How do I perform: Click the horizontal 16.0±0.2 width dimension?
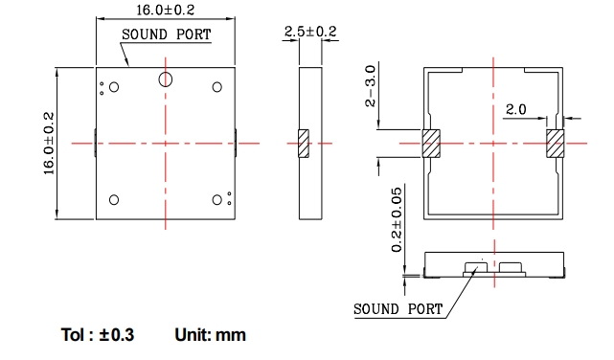[x=166, y=10]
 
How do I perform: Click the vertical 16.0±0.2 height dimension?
[x=49, y=144]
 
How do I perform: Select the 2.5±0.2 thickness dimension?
[x=310, y=32]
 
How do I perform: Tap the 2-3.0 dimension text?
[x=370, y=86]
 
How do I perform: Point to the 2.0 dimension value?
[x=515, y=109]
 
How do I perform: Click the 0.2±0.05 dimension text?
[x=397, y=219]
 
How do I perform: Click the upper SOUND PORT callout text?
[x=167, y=34]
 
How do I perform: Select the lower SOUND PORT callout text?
[x=398, y=309]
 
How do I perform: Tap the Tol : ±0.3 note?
[x=98, y=335]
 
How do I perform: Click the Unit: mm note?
[x=211, y=335]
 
